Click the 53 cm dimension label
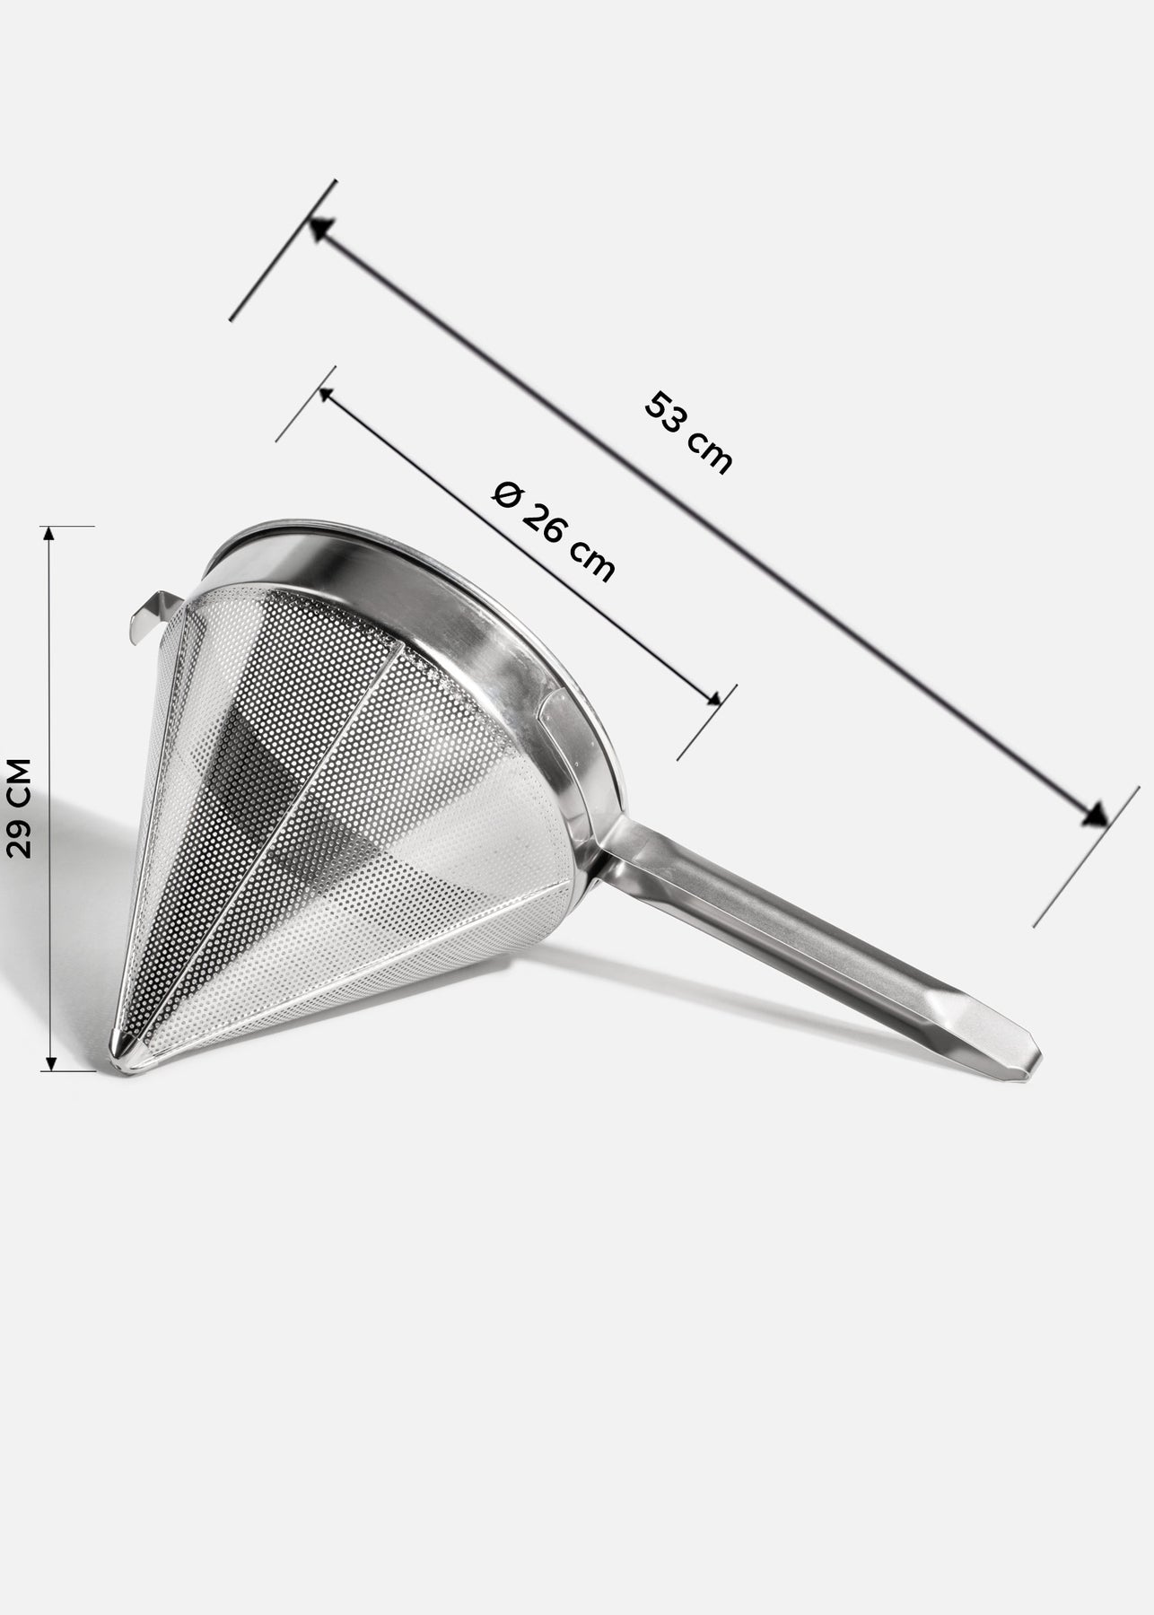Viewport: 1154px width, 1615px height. coord(688,432)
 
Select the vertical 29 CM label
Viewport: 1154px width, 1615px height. coord(19,808)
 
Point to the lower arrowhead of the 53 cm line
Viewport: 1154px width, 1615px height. coord(1095,813)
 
